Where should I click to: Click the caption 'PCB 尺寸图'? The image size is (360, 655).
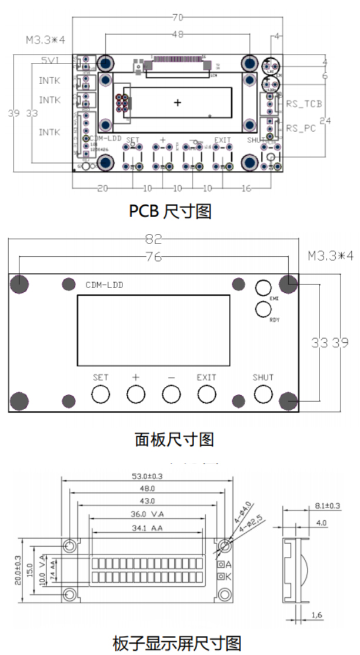(x=170, y=210)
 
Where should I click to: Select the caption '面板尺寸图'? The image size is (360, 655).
(x=174, y=439)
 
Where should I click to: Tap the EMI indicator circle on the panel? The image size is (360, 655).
(x=264, y=288)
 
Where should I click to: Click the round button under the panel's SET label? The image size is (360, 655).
(x=101, y=394)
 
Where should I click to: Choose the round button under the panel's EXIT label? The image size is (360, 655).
(x=206, y=394)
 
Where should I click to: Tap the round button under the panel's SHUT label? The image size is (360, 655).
(x=263, y=394)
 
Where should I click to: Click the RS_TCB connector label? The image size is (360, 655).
(x=304, y=103)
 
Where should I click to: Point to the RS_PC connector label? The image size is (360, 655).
(x=301, y=128)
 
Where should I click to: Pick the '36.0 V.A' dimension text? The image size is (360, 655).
(x=147, y=513)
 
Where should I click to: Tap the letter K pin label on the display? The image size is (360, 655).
(x=228, y=576)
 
